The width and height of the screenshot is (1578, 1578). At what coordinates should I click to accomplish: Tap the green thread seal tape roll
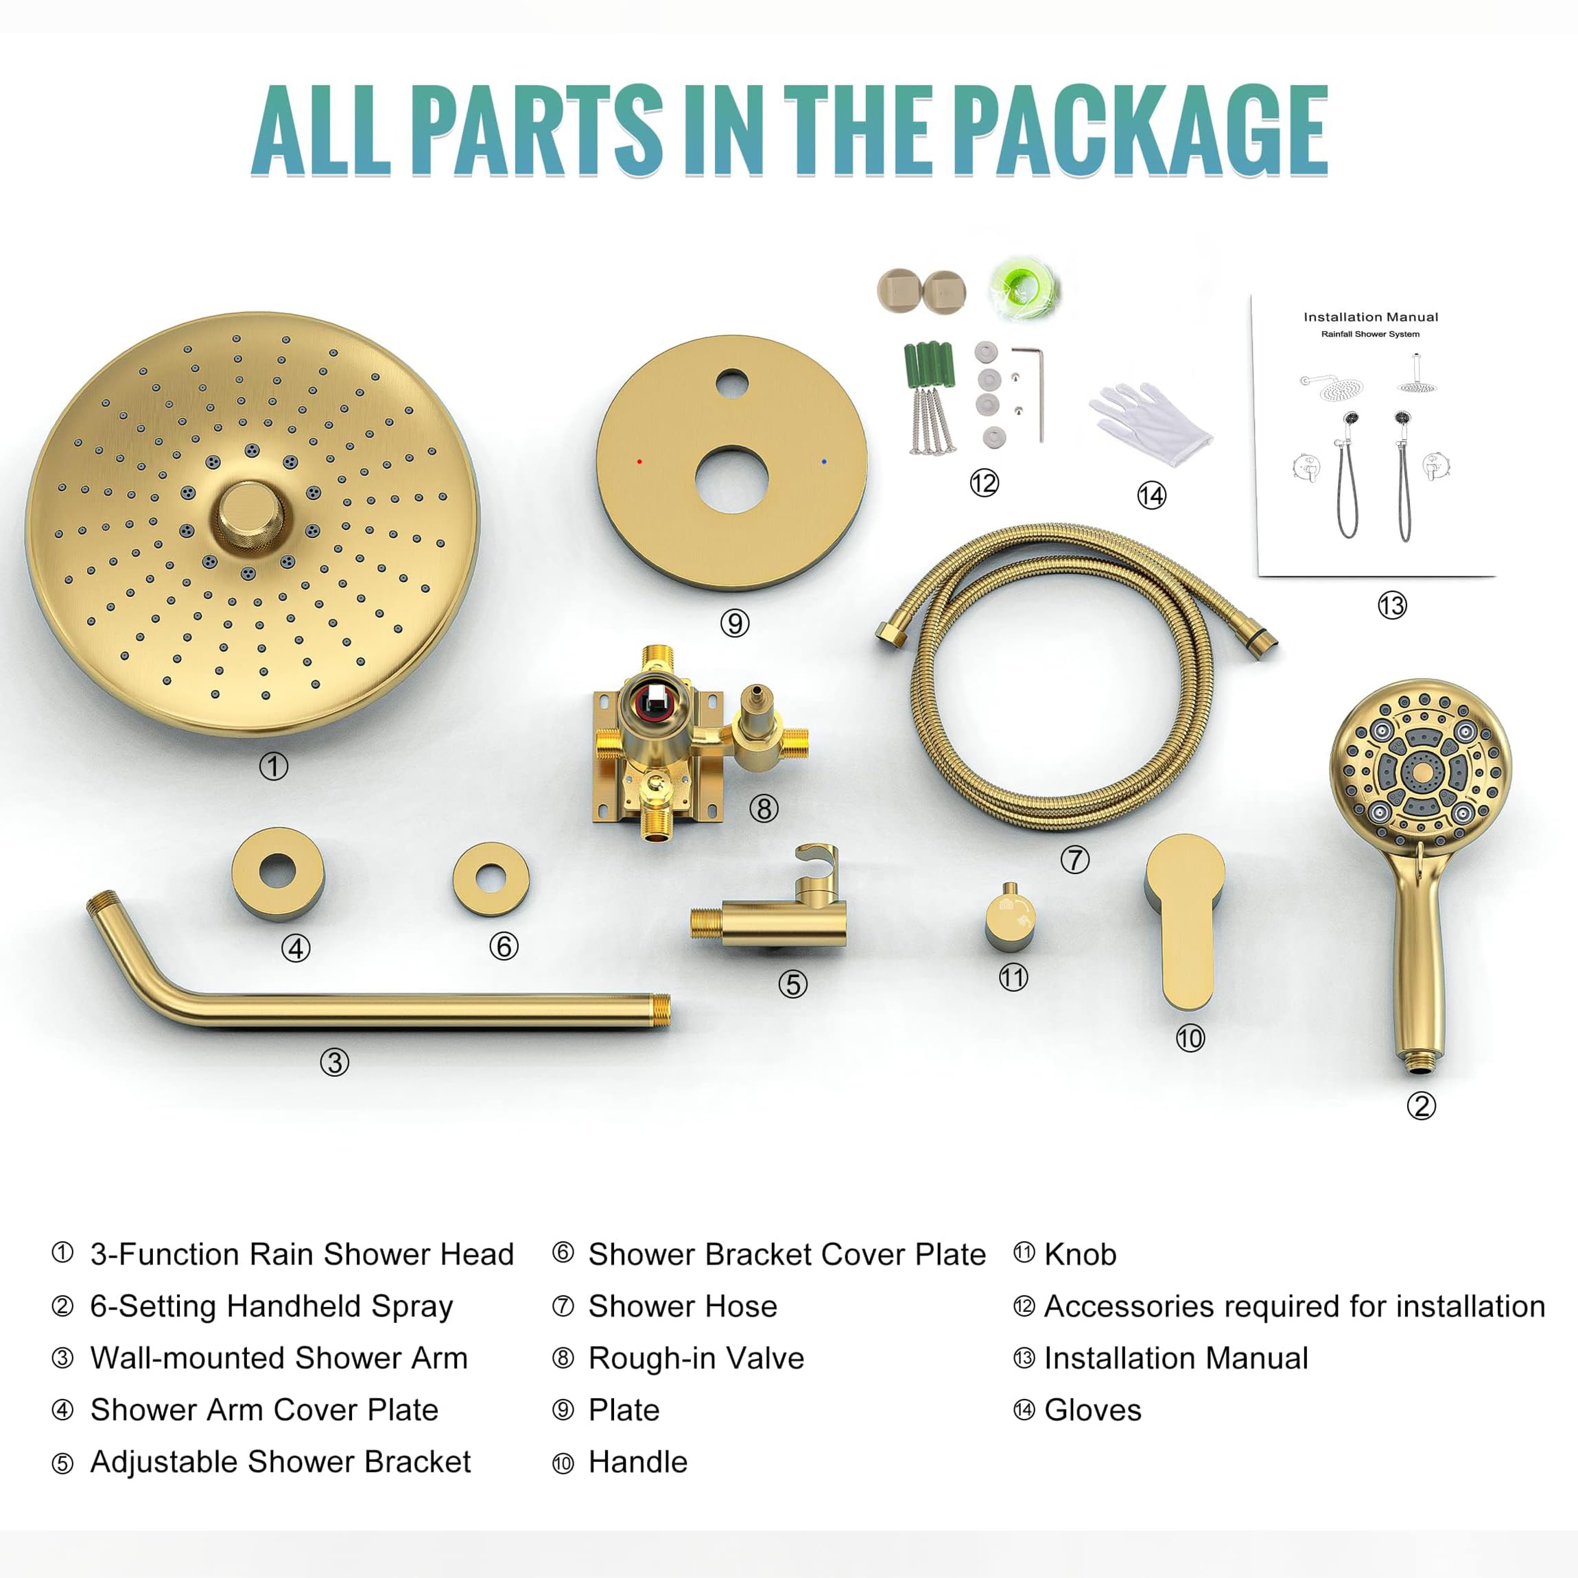coord(1024,288)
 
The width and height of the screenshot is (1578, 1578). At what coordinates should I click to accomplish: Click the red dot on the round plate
coord(639,462)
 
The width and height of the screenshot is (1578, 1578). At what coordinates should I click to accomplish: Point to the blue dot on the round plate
coord(824,462)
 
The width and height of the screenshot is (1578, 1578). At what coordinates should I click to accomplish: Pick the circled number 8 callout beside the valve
coord(764,809)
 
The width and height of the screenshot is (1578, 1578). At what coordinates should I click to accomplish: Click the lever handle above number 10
coord(1184,915)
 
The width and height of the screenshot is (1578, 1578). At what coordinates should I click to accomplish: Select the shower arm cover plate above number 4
coord(278,872)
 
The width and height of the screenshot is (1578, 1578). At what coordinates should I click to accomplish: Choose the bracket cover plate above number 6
coord(491,879)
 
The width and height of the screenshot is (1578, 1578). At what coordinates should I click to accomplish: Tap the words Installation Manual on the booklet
coord(1371,317)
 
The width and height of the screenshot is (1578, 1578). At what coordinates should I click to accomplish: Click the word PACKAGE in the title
coord(1140,130)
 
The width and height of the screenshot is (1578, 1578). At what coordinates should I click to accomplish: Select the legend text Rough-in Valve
coord(696,1358)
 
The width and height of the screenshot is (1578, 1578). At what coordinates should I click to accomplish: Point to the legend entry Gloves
coord(1092,1411)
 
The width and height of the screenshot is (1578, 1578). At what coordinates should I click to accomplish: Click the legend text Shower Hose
coord(682,1307)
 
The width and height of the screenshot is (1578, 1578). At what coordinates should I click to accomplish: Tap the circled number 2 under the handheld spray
coord(1421,1106)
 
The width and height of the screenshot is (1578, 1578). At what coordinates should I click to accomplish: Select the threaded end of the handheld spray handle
coord(1422,1062)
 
